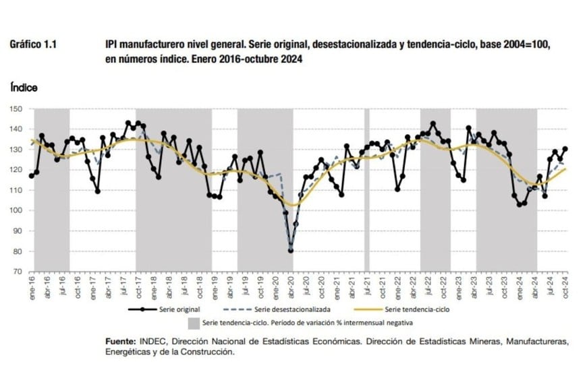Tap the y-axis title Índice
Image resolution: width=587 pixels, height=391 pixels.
pyautogui.click(x=24, y=88)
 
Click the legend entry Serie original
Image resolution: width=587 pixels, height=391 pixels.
pyautogui.click(x=176, y=310)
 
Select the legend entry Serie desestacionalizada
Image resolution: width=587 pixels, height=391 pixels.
pyautogui.click(x=293, y=310)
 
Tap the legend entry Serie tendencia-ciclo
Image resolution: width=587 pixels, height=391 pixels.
pyautogui.click(x=418, y=310)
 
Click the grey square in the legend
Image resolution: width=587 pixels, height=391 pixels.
pyautogui.click(x=194, y=323)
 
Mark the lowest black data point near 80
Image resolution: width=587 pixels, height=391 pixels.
pyautogui.click(x=291, y=251)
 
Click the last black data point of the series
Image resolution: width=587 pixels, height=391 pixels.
pyautogui.click(x=565, y=149)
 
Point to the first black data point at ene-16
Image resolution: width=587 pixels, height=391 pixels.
pyautogui.click(x=32, y=176)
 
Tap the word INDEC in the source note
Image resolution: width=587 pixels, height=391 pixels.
pyautogui.click(x=159, y=342)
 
